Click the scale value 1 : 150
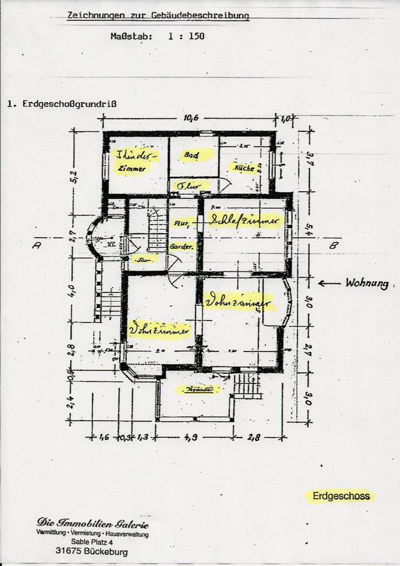coord(186,36)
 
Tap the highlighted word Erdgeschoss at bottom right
coord(342,496)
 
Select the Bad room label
coord(190,156)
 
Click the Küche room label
coord(244,168)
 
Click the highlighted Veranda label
coord(199,389)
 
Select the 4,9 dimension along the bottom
coord(194,437)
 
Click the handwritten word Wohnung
coord(367,284)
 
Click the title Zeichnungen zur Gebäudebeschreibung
coord(158,17)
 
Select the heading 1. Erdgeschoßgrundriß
coord(62,104)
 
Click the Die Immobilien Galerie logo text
coord(92,523)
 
